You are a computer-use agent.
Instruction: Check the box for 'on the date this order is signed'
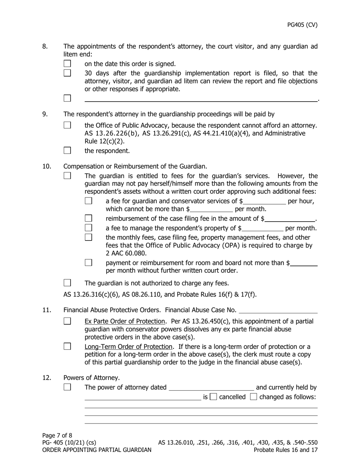67,64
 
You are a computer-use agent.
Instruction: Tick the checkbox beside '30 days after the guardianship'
67,73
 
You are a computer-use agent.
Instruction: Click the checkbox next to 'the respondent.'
67,150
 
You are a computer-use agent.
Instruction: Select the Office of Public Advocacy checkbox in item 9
67,125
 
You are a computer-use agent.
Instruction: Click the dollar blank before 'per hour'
265,202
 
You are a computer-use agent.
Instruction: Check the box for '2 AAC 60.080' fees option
88,237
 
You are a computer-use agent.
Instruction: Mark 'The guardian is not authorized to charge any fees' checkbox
67,283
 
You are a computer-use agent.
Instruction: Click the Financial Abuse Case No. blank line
278,311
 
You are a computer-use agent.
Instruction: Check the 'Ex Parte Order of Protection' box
67,321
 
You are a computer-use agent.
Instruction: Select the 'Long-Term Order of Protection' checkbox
67,346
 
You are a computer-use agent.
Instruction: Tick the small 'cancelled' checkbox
213,397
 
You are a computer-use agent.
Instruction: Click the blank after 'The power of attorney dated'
211,388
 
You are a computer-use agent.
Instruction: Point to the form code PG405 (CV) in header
302,25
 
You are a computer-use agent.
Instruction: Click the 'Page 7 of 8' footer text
57,435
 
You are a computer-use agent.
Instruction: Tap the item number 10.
47,166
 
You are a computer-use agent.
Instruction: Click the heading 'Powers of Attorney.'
91,378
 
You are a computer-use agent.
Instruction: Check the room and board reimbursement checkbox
88,263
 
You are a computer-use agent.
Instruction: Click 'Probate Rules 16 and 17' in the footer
285,450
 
